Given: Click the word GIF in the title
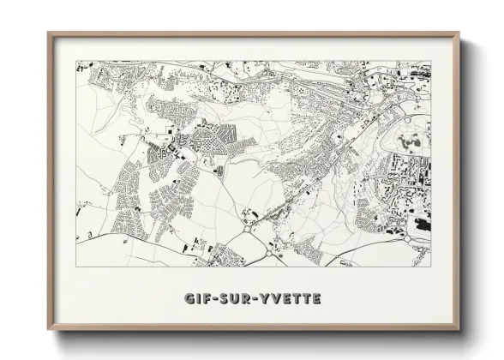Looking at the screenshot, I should [198, 299].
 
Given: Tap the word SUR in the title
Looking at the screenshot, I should [236, 299].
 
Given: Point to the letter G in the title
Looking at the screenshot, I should [189, 299].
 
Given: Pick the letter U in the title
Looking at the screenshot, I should [236, 299].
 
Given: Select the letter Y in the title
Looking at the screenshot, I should [262, 299].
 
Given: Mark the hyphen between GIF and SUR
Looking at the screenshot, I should [217, 299].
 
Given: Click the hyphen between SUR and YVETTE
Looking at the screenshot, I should [254, 299].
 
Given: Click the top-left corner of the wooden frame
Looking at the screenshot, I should [49, 33].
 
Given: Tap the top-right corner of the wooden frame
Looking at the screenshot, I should [459, 33].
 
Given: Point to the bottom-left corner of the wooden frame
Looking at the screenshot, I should [49, 330].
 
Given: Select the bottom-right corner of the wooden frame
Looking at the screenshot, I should [459, 330].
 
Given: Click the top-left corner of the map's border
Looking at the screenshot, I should [76, 61].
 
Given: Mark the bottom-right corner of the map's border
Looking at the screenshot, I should [431, 265].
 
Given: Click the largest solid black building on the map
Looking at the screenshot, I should [423, 224].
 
